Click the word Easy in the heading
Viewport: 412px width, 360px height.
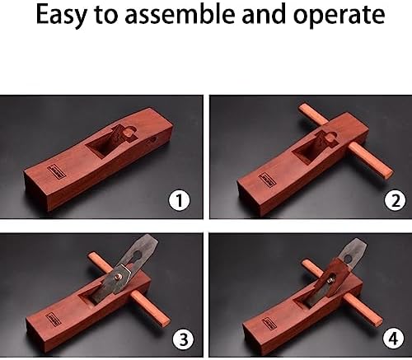59,17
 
